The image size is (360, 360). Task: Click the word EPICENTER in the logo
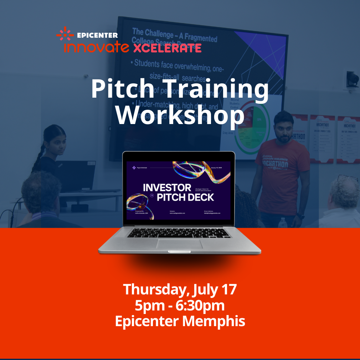click(x=97, y=35)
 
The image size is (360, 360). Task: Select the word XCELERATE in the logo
click(x=167, y=48)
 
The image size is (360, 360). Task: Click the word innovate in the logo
click(x=97, y=48)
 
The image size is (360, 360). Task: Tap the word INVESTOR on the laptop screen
click(x=167, y=187)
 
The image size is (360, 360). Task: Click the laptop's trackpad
click(x=180, y=244)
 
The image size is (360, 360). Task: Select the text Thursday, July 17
click(x=180, y=289)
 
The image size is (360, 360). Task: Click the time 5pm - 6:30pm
click(x=180, y=305)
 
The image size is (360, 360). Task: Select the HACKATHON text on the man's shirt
click(x=276, y=161)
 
